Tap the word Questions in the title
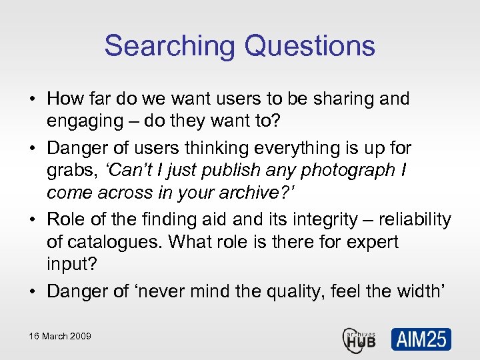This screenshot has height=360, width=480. pos(310,46)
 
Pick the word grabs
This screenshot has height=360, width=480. pos(70,171)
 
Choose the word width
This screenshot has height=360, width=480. pos(421,291)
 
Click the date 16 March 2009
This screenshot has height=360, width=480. pos(59,336)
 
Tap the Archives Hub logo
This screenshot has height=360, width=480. pos(359,339)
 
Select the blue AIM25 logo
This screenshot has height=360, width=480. pos(421,339)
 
